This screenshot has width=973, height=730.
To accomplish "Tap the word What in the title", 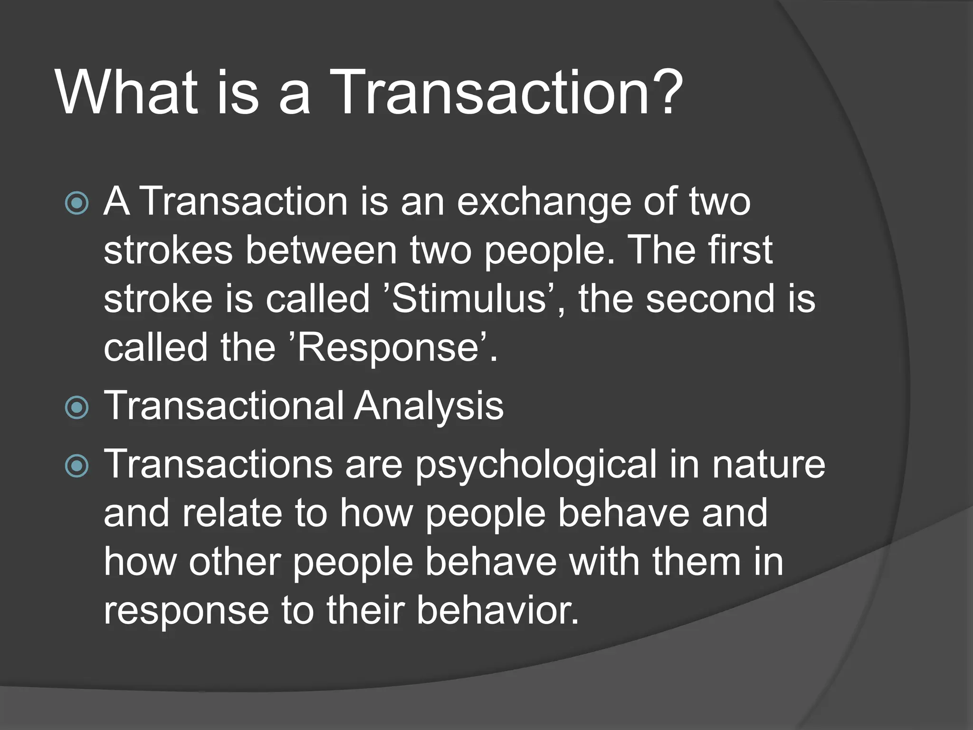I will pos(126,93).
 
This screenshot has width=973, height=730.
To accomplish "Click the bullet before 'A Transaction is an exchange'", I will pos(76,203).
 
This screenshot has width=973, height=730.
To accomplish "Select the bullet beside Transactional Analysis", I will pos(76,407).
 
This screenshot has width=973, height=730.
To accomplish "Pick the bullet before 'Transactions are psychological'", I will pos(76,465).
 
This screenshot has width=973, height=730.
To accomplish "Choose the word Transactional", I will pos(224,407).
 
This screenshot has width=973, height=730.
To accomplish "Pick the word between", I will pos(321,251).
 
